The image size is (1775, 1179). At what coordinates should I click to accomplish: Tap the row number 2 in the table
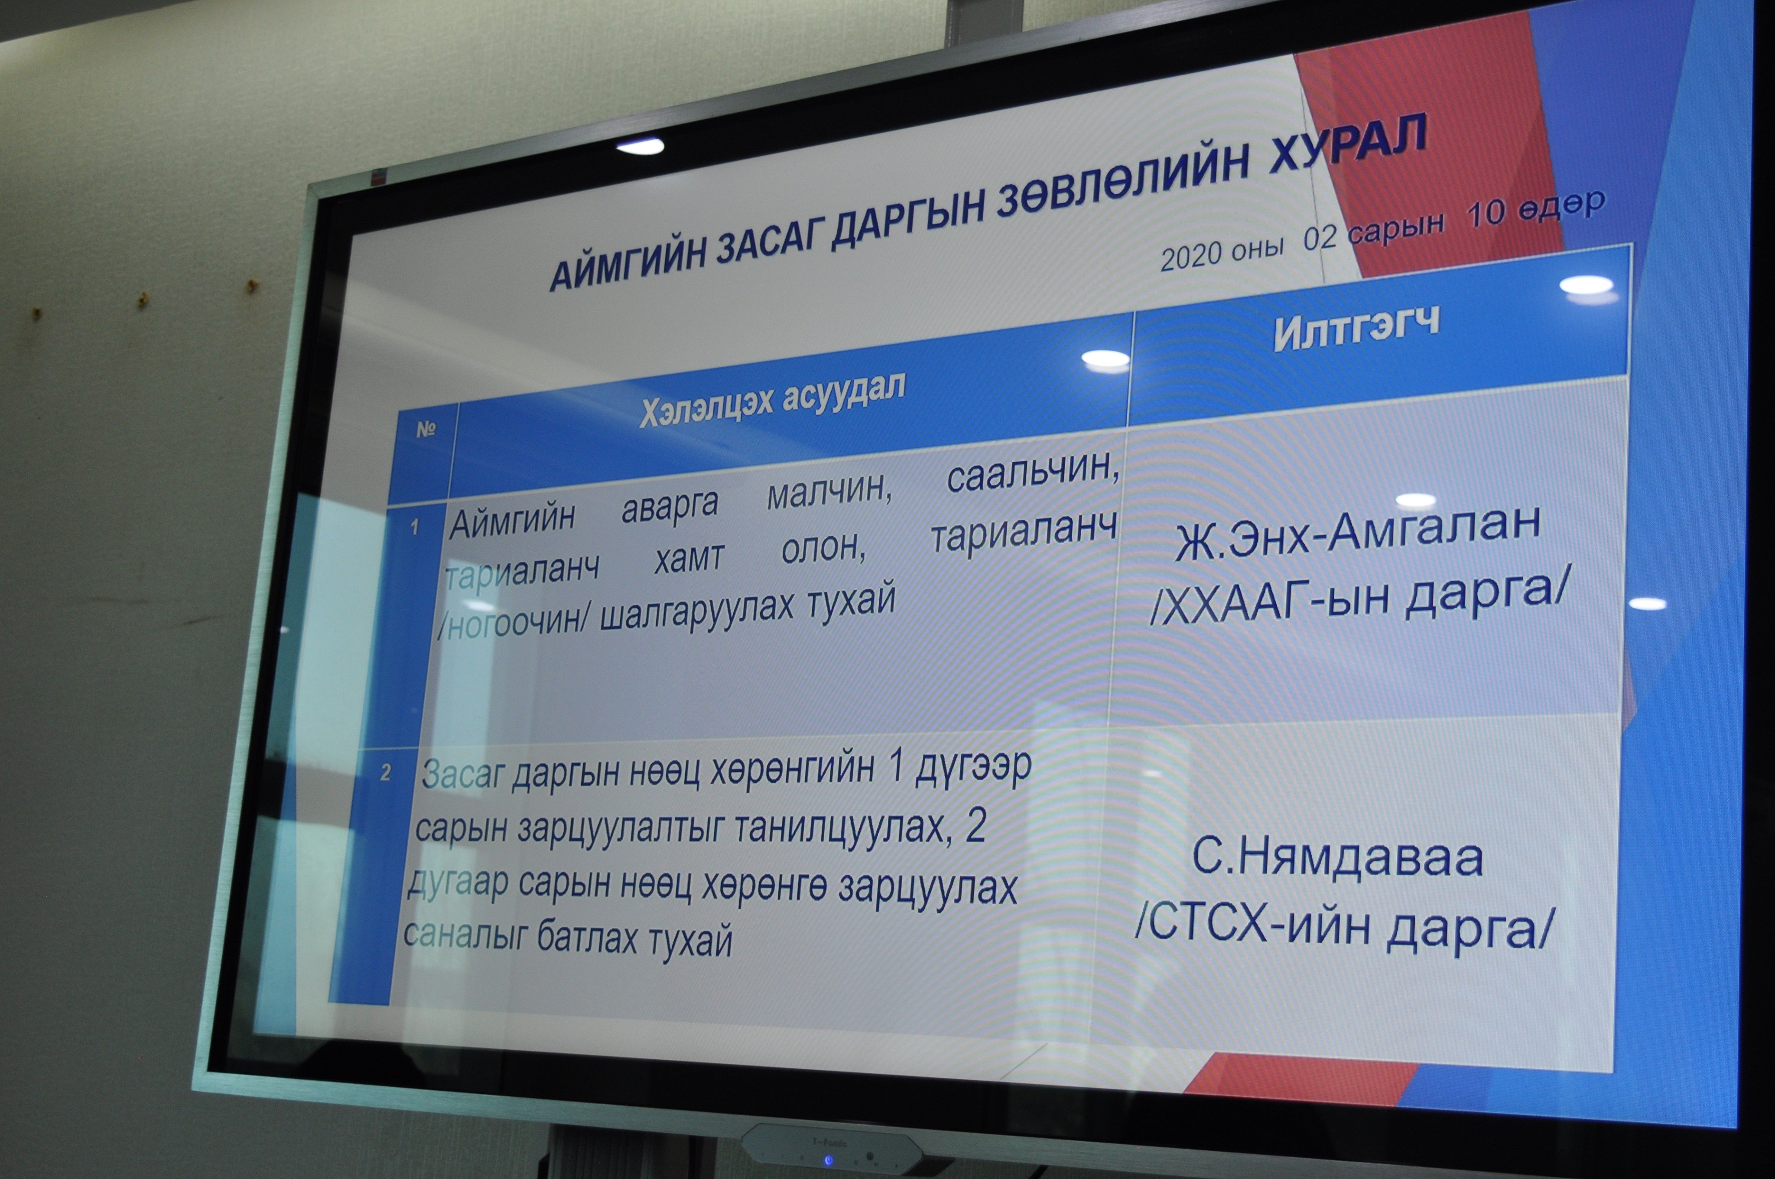(386, 773)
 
